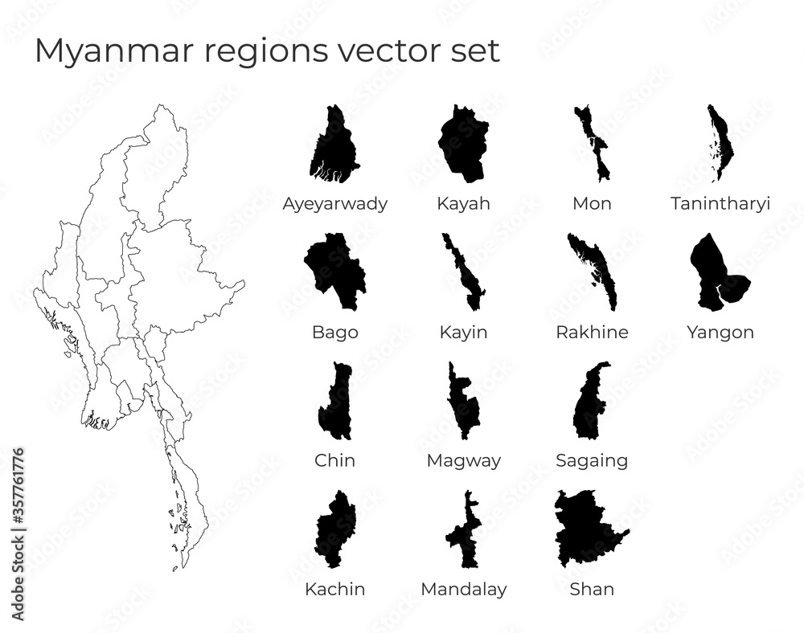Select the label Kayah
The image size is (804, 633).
tap(463, 203)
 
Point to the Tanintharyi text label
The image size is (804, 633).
tap(720, 203)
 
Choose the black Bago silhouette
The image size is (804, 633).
tap(336, 269)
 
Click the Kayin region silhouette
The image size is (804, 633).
tap(465, 273)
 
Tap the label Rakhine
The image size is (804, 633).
tap(592, 332)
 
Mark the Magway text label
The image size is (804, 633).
tap(464, 460)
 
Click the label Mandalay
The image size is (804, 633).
tap(464, 589)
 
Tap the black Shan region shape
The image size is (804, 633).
tap(587, 530)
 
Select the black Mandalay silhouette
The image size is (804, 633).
tap(464, 534)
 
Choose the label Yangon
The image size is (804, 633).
tap(720, 332)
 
